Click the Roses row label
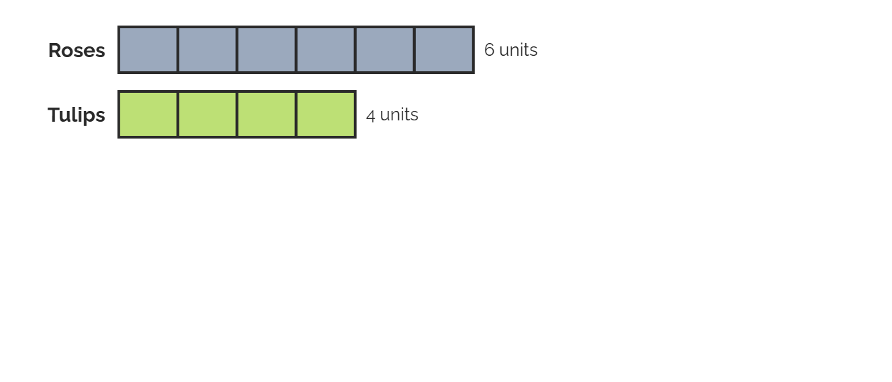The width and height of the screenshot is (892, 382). click(77, 50)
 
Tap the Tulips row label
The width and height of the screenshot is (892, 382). click(77, 115)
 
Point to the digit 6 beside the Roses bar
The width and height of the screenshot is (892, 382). click(489, 50)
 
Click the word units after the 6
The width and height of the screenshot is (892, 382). click(518, 50)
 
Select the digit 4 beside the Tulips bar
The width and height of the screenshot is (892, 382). click(370, 116)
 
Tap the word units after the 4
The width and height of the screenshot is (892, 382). click(399, 115)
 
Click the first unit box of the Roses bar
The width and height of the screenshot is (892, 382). click(148, 50)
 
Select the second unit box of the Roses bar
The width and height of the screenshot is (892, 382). click(208, 50)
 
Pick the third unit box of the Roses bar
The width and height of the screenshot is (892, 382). click(267, 50)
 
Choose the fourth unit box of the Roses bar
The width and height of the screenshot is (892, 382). click(326, 50)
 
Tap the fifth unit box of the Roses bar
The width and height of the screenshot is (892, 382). click(385, 50)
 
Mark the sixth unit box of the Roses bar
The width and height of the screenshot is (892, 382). click(444, 50)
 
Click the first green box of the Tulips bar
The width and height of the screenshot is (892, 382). click(148, 114)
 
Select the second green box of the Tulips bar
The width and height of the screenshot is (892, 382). click(208, 114)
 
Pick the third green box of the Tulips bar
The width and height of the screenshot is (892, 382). click(267, 114)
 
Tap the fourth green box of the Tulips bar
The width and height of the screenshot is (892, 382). click(326, 114)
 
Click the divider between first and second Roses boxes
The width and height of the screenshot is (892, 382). click(178, 50)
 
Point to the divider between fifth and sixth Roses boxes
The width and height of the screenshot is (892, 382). click(414, 50)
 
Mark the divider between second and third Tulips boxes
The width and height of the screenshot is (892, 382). click(237, 114)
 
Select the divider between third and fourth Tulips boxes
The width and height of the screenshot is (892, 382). click(296, 114)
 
